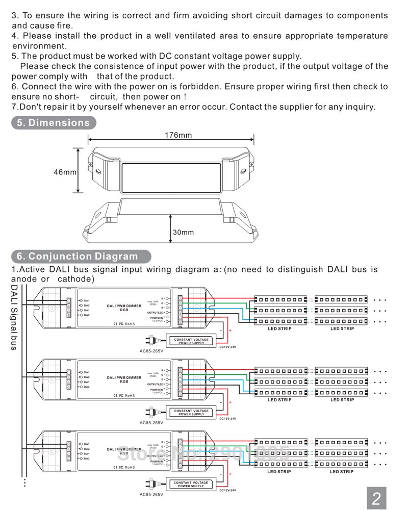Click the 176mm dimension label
coord(178,135)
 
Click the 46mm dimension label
coord(65,172)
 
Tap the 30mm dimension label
coord(183,232)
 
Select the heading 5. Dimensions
coord(53,122)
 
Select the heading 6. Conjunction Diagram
coord(77,256)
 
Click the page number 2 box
coord(376,498)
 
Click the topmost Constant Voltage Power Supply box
coord(191,341)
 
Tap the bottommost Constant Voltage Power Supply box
coord(191,484)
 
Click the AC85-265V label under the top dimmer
coord(151,351)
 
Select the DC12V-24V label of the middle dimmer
coord(227,418)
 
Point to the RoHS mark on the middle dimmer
coord(130,395)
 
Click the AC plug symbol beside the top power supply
coord(153,340)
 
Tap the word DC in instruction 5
coord(166,56)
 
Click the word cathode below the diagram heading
coord(76,279)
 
